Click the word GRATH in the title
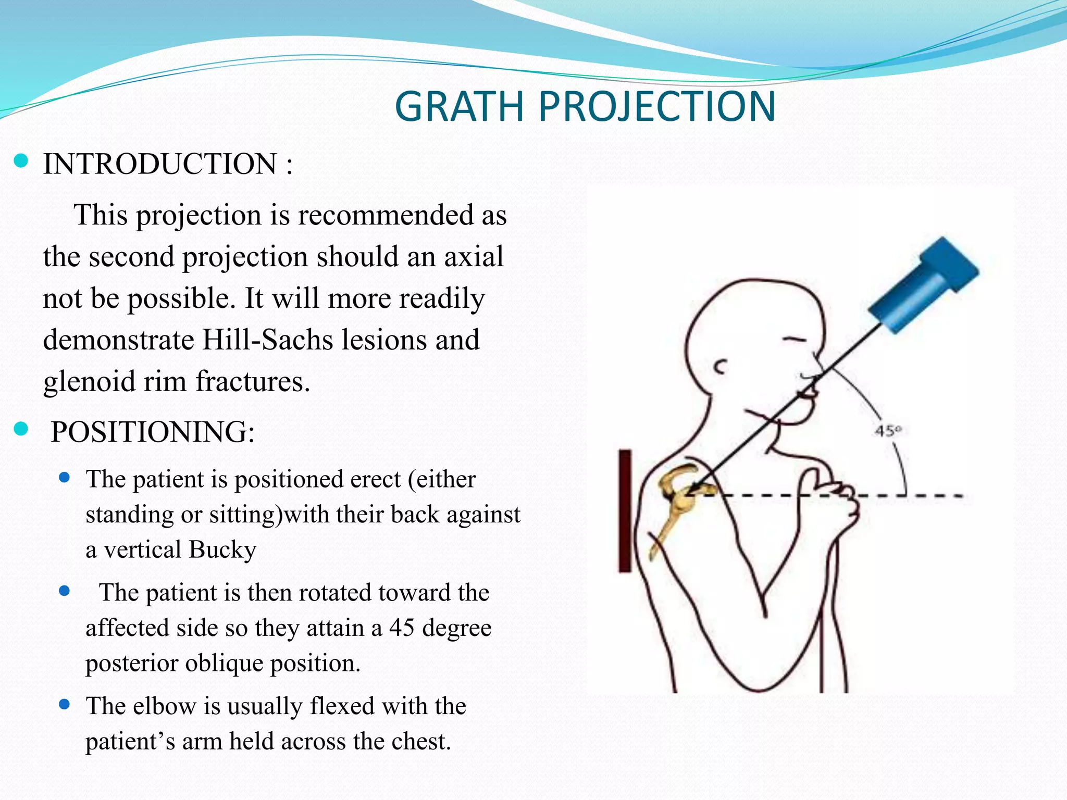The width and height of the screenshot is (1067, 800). (459, 107)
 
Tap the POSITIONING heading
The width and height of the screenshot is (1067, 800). (153, 432)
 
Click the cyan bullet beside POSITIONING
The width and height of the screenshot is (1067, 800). (21, 429)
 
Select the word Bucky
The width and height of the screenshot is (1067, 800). (222, 550)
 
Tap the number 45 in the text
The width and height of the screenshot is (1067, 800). (402, 628)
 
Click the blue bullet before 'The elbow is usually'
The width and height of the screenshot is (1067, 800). (65, 705)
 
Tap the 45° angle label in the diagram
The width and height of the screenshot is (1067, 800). (888, 431)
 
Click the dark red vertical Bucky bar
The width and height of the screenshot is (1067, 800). (625, 510)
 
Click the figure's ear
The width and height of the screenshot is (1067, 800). (721, 367)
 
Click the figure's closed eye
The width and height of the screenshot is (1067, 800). (795, 340)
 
